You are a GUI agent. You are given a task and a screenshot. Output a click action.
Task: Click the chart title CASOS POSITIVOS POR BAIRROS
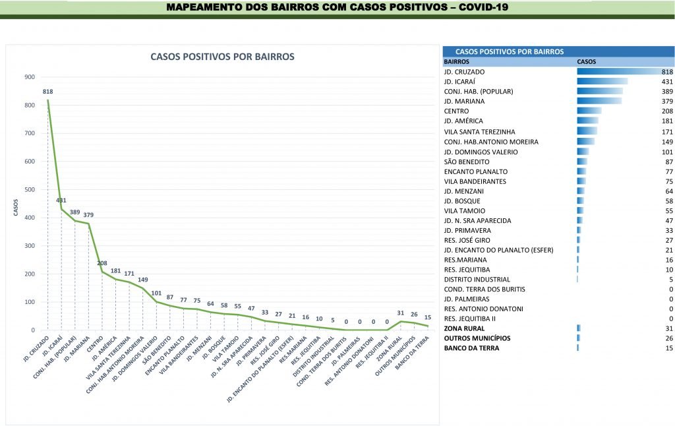tap(222, 57)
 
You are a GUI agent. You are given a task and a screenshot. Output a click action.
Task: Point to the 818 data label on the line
tap(47, 92)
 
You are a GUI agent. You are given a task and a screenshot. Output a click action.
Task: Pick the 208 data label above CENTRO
tap(102, 263)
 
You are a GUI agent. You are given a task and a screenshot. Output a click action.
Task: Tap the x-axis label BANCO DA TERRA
tap(416, 350)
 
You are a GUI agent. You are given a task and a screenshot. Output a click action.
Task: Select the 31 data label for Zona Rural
tap(400, 313)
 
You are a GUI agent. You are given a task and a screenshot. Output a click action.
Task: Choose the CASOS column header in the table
tap(586, 61)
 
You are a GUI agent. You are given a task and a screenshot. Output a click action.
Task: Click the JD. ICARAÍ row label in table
tap(462, 81)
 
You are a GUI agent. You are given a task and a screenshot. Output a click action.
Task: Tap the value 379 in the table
tap(666, 102)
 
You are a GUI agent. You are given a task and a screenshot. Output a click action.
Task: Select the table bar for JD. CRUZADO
tap(623, 71)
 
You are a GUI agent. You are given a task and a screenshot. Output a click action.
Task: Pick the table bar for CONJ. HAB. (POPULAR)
tap(599, 91)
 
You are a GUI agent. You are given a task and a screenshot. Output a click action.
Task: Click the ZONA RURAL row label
tap(464, 328)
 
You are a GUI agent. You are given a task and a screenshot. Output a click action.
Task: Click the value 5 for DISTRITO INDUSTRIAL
tap(670, 279)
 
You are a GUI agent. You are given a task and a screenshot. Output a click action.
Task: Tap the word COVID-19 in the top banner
tap(478, 7)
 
